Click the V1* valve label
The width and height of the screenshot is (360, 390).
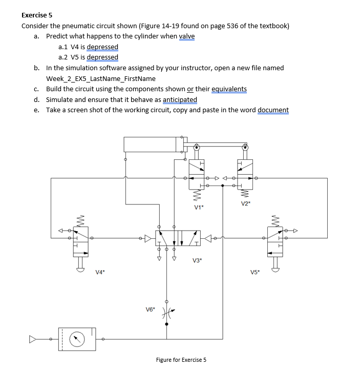tap(199, 207)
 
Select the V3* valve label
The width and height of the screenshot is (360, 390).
tap(197, 260)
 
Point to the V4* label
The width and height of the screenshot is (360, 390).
tap(100, 272)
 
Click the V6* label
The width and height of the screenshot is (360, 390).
tap(151, 309)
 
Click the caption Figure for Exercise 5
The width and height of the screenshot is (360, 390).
tap(181, 360)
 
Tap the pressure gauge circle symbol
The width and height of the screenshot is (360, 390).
tap(76, 339)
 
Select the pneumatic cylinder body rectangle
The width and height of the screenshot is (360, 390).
tap(152, 145)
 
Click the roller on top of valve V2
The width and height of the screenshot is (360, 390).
tap(245, 148)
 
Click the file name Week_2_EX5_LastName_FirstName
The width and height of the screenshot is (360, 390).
tap(100, 78)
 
